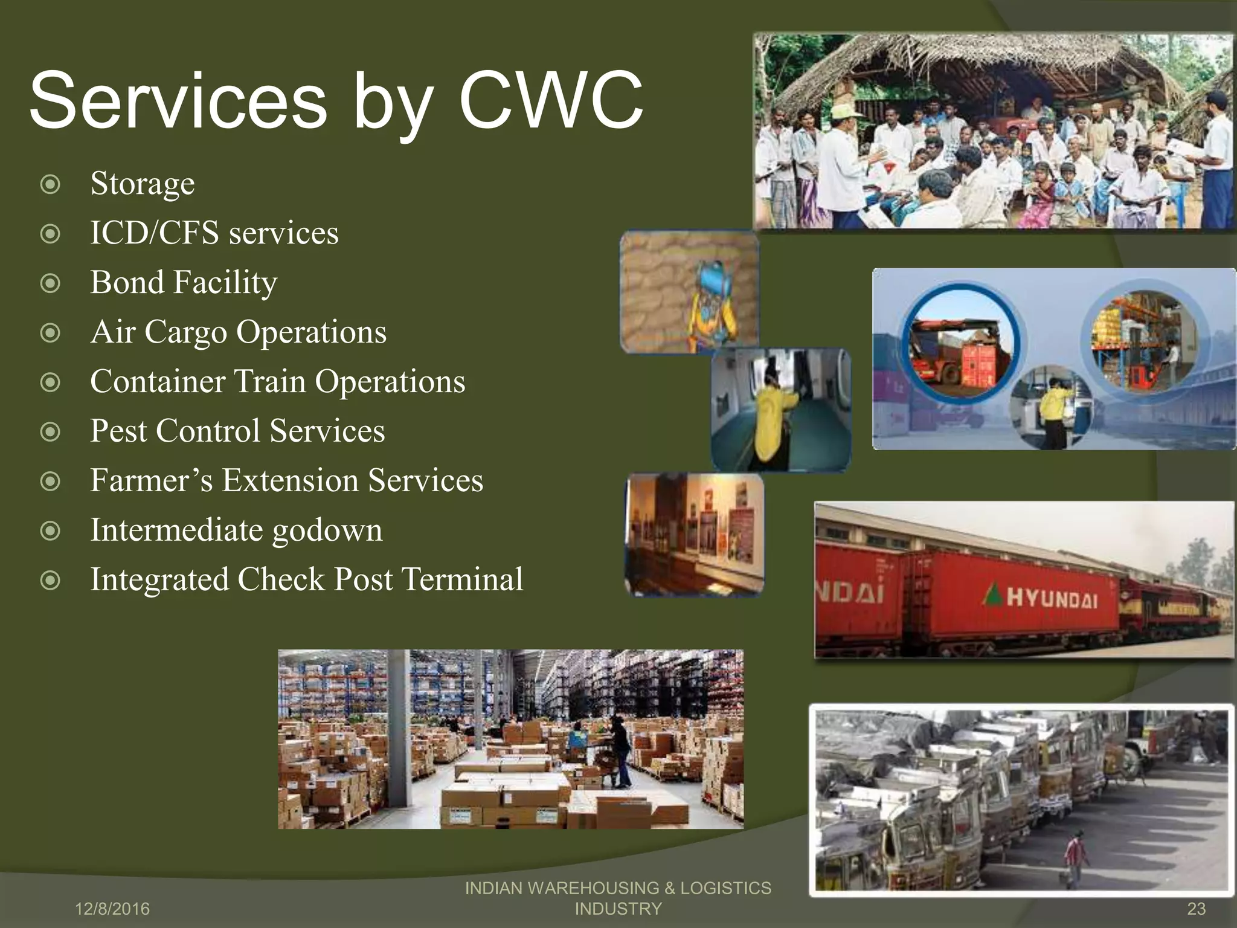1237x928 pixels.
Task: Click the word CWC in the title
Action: coord(551,100)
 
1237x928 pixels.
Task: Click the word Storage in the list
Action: coord(143,184)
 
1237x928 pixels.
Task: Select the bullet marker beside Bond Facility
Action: coord(50,283)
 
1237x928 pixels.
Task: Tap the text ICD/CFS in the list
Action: coord(154,233)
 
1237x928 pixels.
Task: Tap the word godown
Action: coord(327,530)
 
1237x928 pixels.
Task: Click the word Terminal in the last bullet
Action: coord(462,580)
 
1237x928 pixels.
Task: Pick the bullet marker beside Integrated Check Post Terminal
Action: coord(50,581)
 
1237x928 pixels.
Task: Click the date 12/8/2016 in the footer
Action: coord(112,909)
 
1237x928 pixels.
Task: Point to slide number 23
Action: coord(1196,909)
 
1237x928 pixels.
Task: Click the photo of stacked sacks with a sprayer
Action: coord(689,292)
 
